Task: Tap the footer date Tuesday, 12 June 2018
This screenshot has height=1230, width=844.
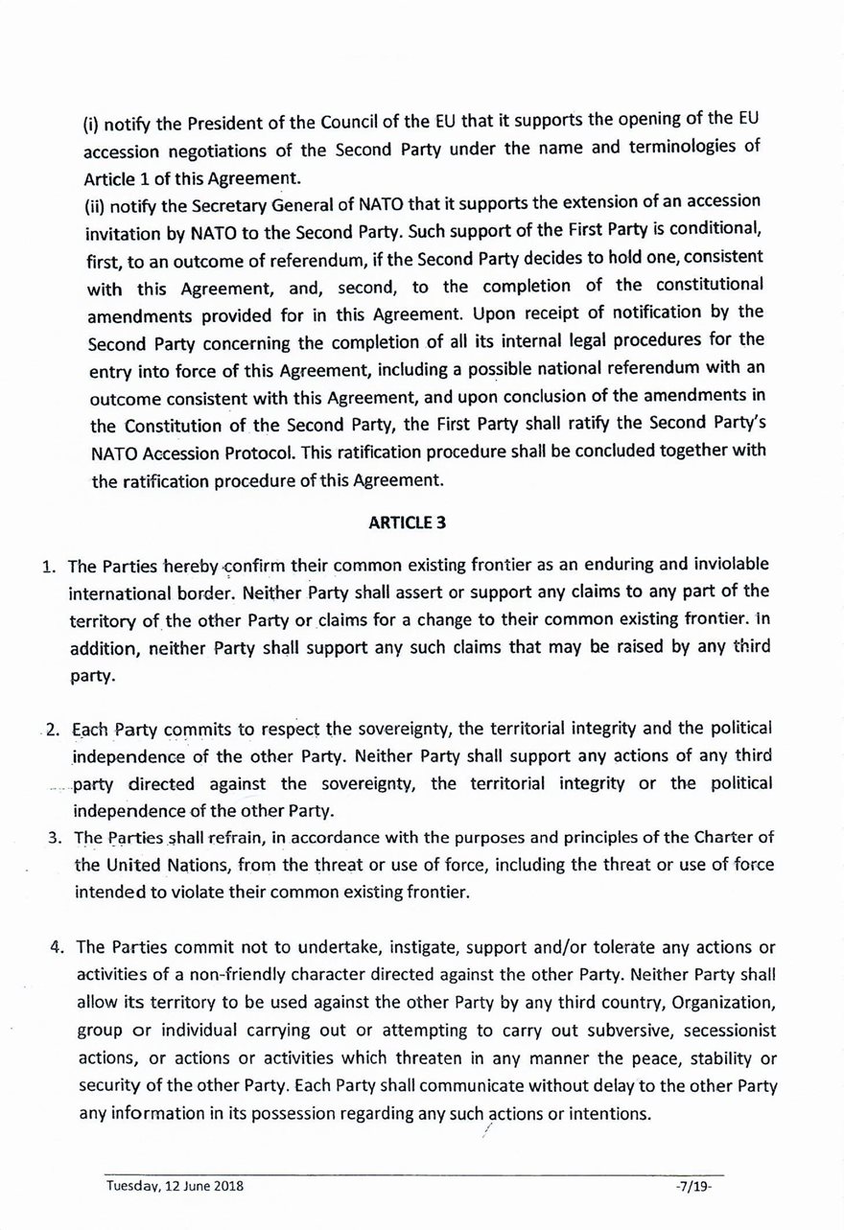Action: coord(175,1186)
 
